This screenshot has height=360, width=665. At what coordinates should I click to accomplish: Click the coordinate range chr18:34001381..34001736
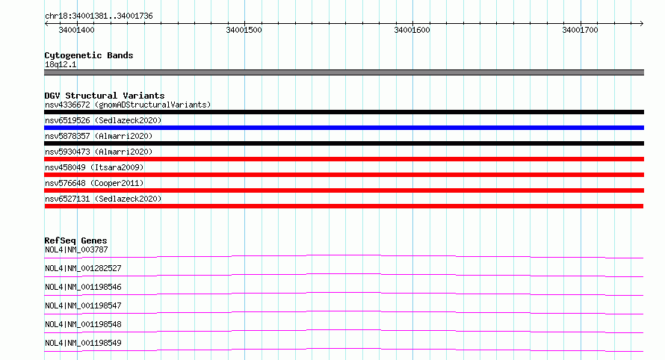pos(99,16)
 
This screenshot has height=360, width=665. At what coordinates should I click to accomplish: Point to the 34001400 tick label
pos(76,30)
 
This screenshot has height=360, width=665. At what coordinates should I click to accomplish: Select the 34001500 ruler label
pos(244,30)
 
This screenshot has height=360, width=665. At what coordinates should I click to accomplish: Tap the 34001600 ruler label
pos(412,30)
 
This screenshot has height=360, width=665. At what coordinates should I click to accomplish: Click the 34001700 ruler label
pos(580,30)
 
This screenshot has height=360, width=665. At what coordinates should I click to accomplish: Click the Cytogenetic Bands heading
pos(89,55)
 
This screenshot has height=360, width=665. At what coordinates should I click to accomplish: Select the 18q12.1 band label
pos(61,64)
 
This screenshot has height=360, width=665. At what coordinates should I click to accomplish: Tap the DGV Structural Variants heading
pos(105,96)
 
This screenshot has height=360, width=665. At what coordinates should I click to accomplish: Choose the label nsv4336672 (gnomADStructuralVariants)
pos(128,105)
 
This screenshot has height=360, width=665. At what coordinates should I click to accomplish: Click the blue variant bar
pos(344,128)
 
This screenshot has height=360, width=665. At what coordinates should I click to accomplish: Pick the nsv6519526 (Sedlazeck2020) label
pos(103,120)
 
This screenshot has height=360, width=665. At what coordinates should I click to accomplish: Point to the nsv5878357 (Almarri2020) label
pos(99,136)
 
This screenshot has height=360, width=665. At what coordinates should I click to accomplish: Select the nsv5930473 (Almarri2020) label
pos(99,152)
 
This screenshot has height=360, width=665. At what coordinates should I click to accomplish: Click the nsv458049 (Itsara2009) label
pos(94,167)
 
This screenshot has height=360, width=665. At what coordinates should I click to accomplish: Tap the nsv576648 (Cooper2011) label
pos(94,183)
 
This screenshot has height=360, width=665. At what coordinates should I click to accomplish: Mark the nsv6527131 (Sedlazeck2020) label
pos(103,199)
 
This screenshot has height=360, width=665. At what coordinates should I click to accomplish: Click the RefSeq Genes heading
pos(76,240)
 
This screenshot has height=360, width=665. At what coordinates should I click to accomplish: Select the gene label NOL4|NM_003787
pos(76,249)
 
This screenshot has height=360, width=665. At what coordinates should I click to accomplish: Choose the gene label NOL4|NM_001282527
pos(83,268)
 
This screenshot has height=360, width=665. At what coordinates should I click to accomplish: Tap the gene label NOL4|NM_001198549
pos(83,343)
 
